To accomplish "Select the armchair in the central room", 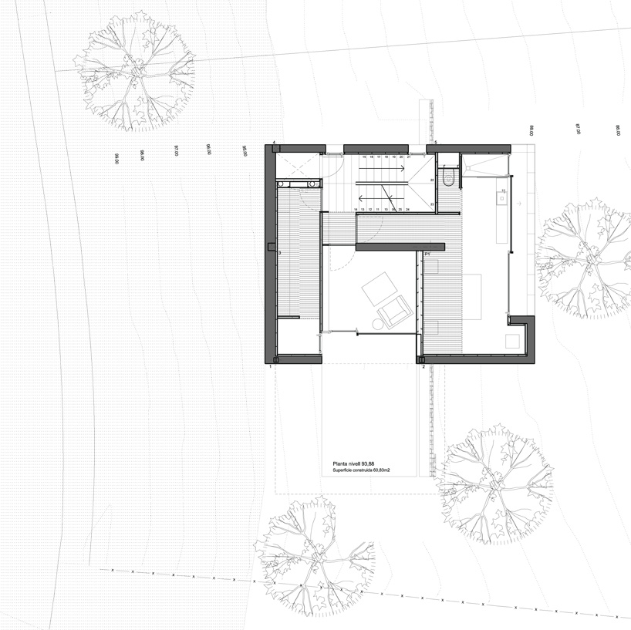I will [394, 311].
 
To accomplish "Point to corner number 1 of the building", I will [270, 368].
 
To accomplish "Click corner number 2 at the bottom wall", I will [423, 368].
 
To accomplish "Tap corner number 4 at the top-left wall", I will [274, 143].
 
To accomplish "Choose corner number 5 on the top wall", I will [435, 143].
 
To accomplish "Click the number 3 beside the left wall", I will [279, 253].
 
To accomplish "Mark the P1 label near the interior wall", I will [427, 253].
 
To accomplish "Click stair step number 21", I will [409, 157].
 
